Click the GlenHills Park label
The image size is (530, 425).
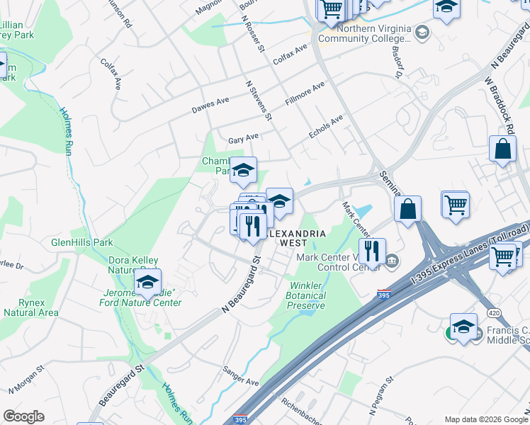(x=82, y=242)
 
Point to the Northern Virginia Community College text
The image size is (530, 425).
(x=374, y=33)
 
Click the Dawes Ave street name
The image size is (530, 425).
(x=210, y=106)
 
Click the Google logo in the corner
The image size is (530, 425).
(x=23, y=416)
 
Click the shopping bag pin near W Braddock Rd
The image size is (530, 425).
(x=502, y=149)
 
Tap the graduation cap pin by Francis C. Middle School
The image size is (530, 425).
(x=464, y=327)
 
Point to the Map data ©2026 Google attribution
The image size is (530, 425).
(x=482, y=419)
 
